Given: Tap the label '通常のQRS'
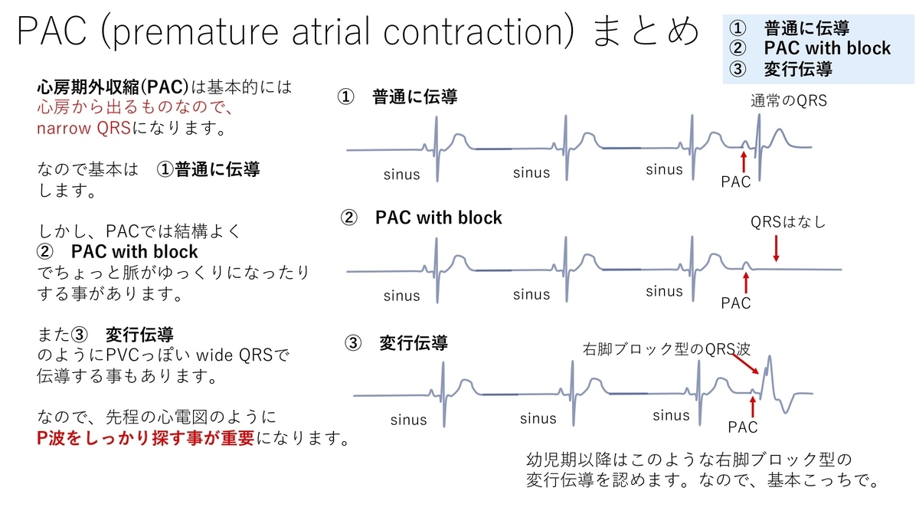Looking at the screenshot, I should [x=789, y=100].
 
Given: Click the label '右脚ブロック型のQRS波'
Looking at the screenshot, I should [x=666, y=349].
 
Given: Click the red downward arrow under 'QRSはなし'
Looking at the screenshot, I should [x=777, y=249].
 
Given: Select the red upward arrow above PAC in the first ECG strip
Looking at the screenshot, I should [x=743, y=161].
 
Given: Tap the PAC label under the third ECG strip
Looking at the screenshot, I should [x=742, y=427].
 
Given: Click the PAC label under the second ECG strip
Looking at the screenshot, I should [x=736, y=303].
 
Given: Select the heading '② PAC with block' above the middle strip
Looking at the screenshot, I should [x=421, y=218].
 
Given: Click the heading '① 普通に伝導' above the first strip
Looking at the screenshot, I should [x=398, y=97].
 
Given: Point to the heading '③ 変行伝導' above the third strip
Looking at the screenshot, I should [x=397, y=344].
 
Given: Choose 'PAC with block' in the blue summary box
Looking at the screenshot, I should [x=827, y=48].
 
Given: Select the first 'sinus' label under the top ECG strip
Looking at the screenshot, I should [x=402, y=175].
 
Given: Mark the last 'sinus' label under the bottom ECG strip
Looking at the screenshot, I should [x=672, y=415].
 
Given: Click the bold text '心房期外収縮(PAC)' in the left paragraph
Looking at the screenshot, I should [x=113, y=87].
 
